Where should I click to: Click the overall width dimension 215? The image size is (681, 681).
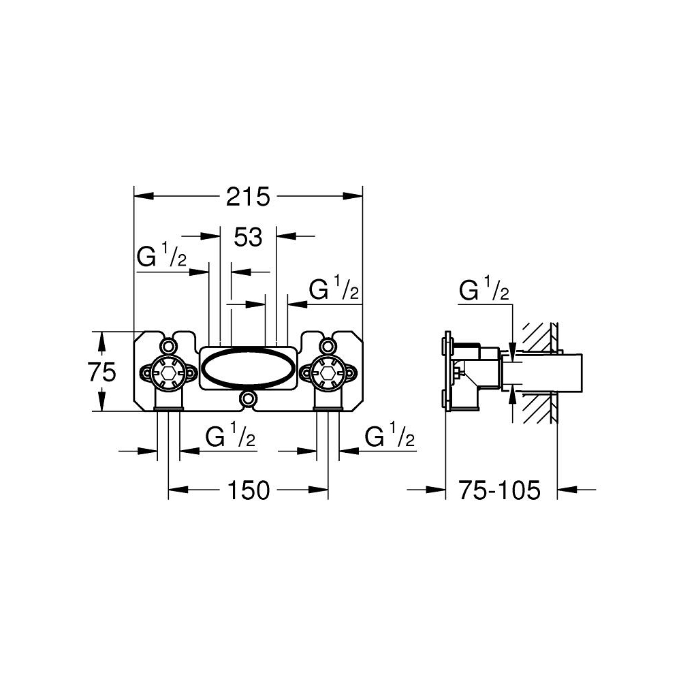click(249, 197)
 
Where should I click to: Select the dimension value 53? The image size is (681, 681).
click(248, 238)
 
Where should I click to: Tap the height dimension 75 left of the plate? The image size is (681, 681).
click(102, 372)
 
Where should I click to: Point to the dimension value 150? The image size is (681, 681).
click(249, 490)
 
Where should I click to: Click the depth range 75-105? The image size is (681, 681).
click(498, 490)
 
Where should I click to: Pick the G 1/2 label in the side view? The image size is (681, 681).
click(484, 291)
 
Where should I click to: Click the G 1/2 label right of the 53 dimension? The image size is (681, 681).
click(334, 289)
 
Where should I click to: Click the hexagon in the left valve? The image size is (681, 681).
click(168, 372)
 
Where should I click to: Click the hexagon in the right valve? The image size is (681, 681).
click(328, 372)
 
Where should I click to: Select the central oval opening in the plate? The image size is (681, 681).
click(249, 368)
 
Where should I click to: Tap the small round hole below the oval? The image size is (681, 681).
click(249, 398)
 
